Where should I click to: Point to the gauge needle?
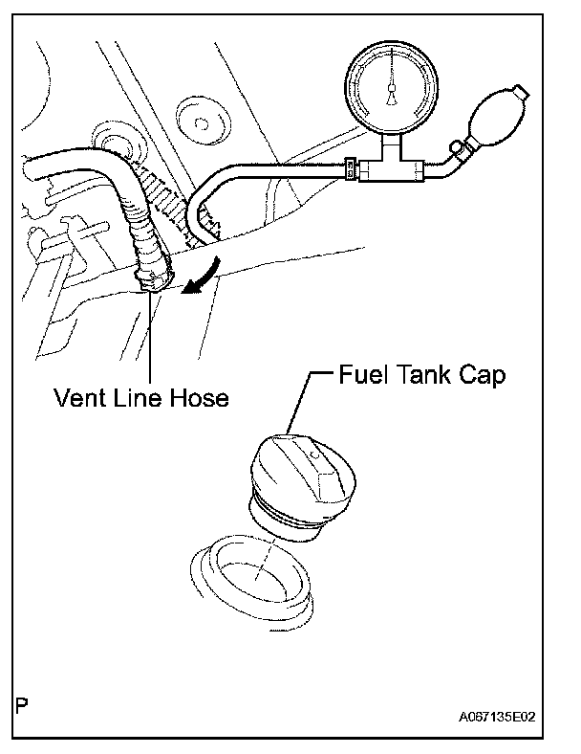click(x=390, y=88)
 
